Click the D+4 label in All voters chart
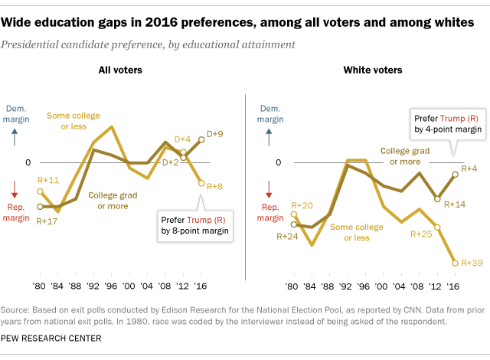(181, 139)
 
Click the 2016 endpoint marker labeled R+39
(456, 263)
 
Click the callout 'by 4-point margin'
(448, 130)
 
